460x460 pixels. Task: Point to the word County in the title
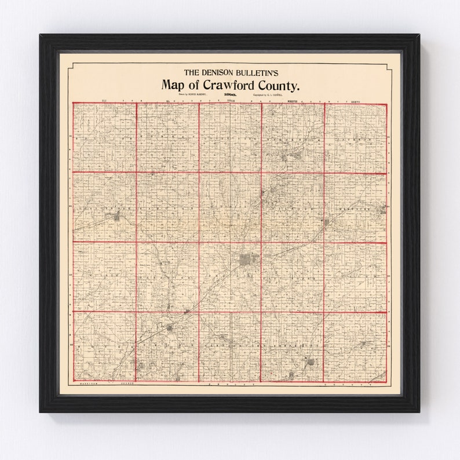pos(282,85)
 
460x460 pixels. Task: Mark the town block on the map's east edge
pos(382,209)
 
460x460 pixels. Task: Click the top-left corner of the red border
pos(73,103)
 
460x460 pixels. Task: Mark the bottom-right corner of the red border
pos(386,381)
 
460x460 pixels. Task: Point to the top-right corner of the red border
pos(386,104)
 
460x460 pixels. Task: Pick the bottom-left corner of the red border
pos(73,381)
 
